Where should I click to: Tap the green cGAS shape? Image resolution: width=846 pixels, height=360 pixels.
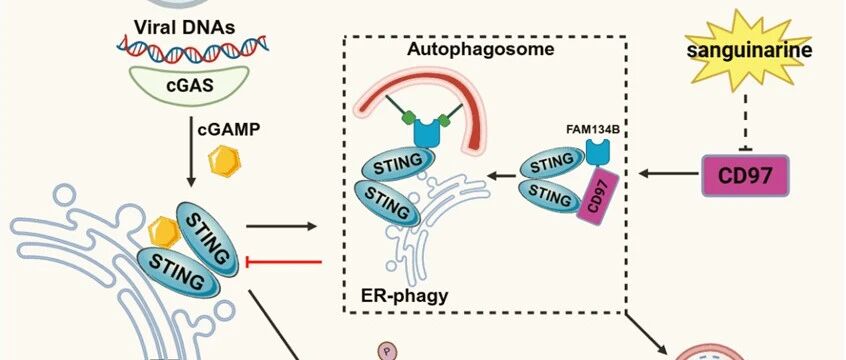[189, 84]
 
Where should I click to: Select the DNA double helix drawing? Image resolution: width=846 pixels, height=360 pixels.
[193, 50]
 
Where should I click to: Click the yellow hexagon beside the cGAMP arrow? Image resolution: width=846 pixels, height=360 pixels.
[224, 160]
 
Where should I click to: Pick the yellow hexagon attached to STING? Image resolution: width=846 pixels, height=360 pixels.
[164, 232]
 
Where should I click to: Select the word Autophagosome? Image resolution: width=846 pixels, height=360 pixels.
[480, 49]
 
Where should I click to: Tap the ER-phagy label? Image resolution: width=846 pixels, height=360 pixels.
[404, 295]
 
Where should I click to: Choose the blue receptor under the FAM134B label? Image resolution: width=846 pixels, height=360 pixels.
[598, 152]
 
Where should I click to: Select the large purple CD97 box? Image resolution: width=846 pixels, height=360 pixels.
[745, 175]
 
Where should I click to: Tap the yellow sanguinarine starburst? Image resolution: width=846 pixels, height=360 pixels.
[748, 50]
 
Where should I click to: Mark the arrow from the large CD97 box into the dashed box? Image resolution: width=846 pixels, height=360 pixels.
[668, 174]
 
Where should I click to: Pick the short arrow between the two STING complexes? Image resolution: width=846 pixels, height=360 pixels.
[501, 175]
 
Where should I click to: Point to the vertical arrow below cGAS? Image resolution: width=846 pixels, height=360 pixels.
[190, 152]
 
